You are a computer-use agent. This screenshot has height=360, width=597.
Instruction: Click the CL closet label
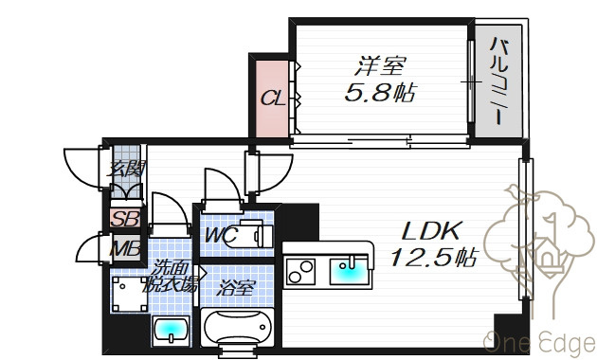coord(273,99)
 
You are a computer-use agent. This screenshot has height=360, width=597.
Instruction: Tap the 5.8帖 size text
coord(380,93)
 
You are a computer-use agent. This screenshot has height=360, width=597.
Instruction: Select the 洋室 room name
coord(380,65)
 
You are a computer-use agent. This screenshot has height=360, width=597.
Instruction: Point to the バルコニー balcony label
coord(498,81)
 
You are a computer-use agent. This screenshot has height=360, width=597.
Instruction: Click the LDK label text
coord(432,231)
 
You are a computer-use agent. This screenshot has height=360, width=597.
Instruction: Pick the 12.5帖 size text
coord(433,258)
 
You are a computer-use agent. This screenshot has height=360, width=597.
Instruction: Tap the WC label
coord(221,235)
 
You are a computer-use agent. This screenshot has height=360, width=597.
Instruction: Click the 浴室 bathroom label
coord(235,288)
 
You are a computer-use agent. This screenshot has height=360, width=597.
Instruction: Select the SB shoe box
coord(126,219)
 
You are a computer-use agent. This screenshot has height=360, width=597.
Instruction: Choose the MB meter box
coord(126,248)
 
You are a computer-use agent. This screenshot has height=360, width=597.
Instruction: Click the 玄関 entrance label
coord(126,169)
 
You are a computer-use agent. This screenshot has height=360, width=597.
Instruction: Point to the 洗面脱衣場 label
coord(171,276)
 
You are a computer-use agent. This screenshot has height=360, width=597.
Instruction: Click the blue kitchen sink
coord(349,271)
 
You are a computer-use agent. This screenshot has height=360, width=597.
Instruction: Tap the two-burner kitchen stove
coord(300,272)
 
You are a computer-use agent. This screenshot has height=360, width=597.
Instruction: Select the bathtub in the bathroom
coord(237,327)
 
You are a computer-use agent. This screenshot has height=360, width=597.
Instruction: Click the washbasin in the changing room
coord(171,331)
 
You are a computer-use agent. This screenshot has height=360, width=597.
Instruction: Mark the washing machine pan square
coord(130,295)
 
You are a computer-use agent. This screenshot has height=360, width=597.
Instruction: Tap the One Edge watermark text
coord(539,342)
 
